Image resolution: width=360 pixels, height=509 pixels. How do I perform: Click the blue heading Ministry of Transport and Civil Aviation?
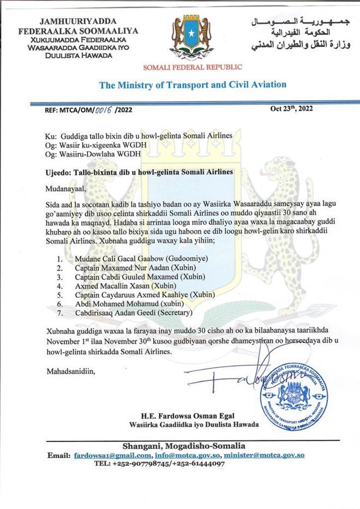[x=192, y=85]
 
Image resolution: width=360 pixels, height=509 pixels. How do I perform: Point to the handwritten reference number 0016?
[x=104, y=109]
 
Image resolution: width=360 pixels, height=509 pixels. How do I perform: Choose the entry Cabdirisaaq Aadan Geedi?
[x=112, y=313]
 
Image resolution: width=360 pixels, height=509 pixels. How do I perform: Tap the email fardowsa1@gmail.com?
[x=113, y=455]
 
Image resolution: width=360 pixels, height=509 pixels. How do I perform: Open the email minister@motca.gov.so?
[x=265, y=455]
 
